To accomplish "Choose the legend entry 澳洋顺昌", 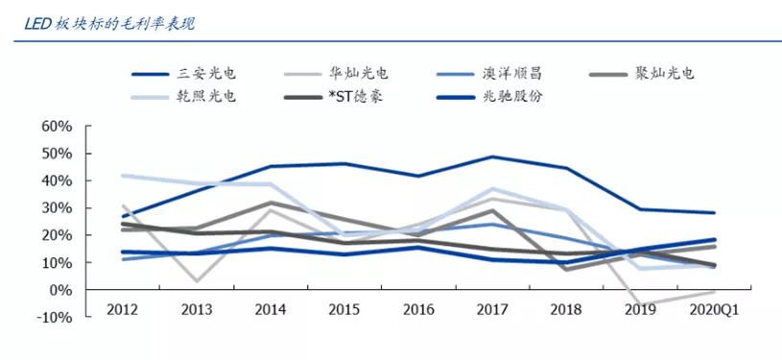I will [512, 73].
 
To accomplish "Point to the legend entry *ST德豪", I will [356, 97].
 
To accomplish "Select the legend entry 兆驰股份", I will [512, 97].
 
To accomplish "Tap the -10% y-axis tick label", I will [56, 317].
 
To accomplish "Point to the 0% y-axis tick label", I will [61, 290].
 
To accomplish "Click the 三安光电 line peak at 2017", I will [491, 156].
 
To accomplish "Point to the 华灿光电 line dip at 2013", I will [196, 281].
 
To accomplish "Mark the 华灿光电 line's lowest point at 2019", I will [640, 306].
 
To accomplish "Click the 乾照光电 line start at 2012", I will [123, 176].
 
